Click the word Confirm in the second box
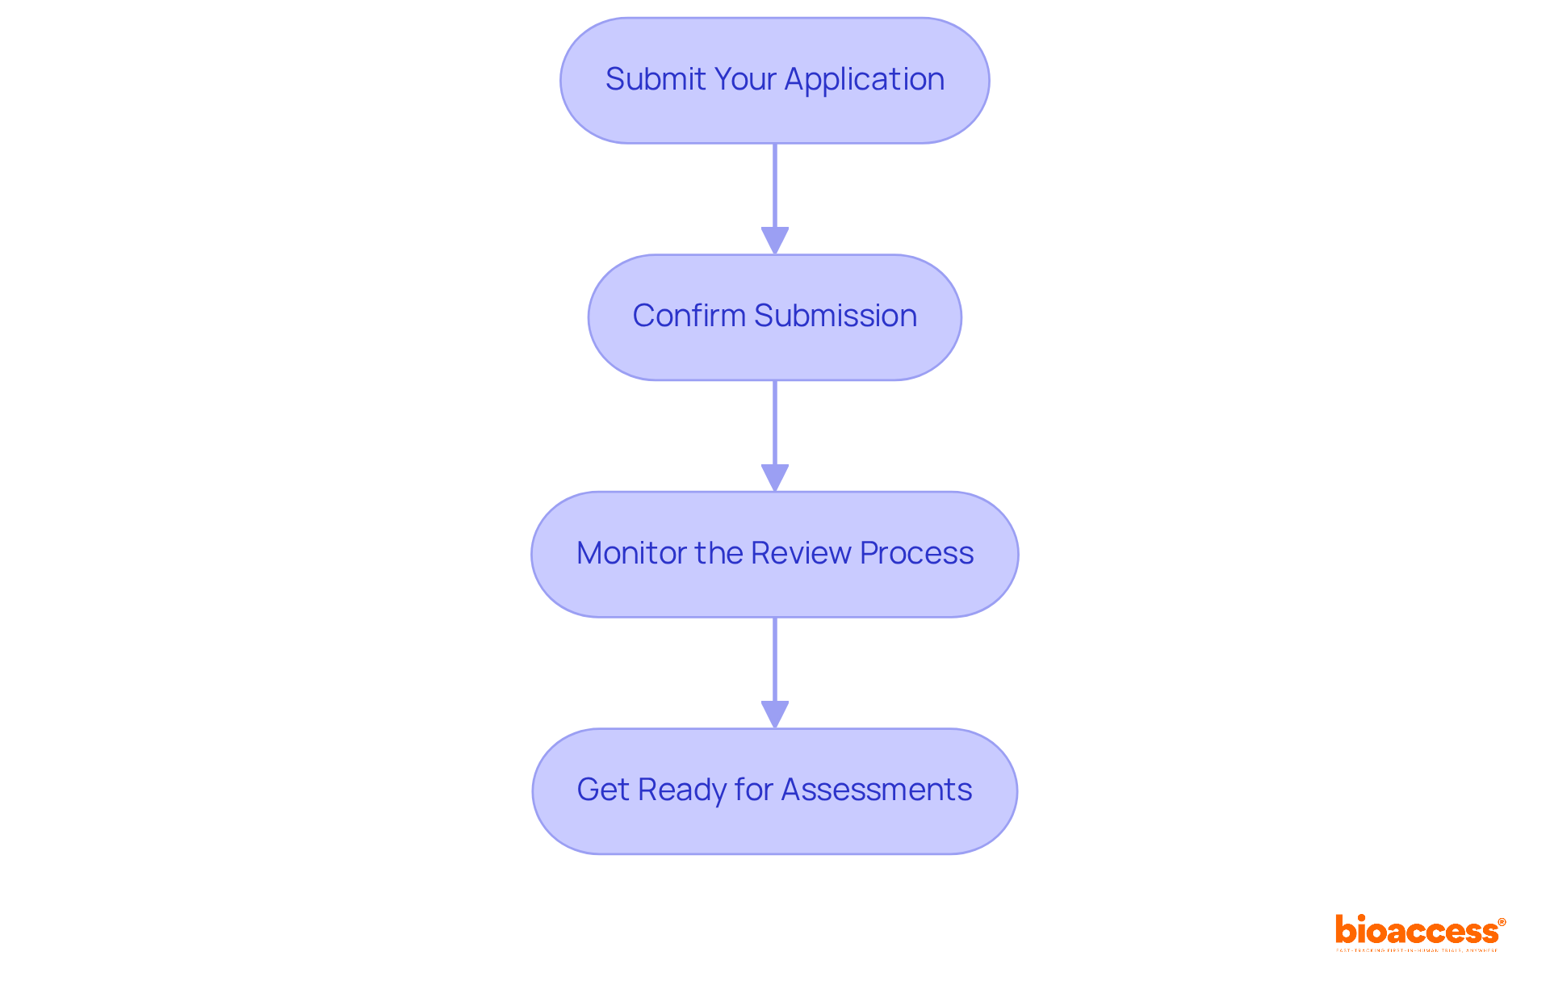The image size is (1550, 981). pos(689,316)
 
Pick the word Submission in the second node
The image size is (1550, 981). pos(836,316)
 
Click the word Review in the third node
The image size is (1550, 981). pos(801,553)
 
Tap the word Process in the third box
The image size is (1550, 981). pos(916,553)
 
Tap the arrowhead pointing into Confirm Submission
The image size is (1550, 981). pos(775,241)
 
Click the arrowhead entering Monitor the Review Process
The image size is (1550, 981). pos(775,477)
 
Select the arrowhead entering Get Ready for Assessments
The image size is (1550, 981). pos(775,715)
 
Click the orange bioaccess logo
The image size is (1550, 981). pos(1416,931)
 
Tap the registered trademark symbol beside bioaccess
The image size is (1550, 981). pos(1502,922)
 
